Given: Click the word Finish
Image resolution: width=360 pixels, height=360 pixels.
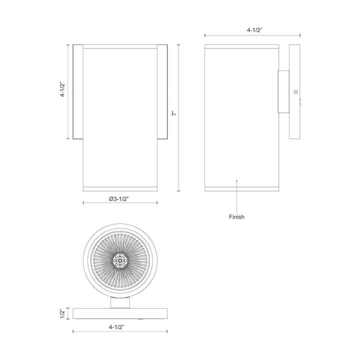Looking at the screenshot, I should [236, 217].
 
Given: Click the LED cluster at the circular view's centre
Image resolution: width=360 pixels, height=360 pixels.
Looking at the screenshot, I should [120, 260].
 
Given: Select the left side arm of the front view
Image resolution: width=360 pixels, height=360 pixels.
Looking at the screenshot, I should [77, 92].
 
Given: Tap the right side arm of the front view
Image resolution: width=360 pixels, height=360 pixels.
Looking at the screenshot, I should [161, 92].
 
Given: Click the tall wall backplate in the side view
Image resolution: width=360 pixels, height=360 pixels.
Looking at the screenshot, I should [294, 92].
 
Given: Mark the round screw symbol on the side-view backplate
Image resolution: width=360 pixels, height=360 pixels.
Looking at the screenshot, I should [295, 91].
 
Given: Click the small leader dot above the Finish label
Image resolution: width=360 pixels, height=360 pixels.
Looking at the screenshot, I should [237, 180].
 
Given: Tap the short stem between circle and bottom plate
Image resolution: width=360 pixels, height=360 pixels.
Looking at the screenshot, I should [120, 303].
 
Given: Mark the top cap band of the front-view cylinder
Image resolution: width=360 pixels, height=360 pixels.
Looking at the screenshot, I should [119, 46].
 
